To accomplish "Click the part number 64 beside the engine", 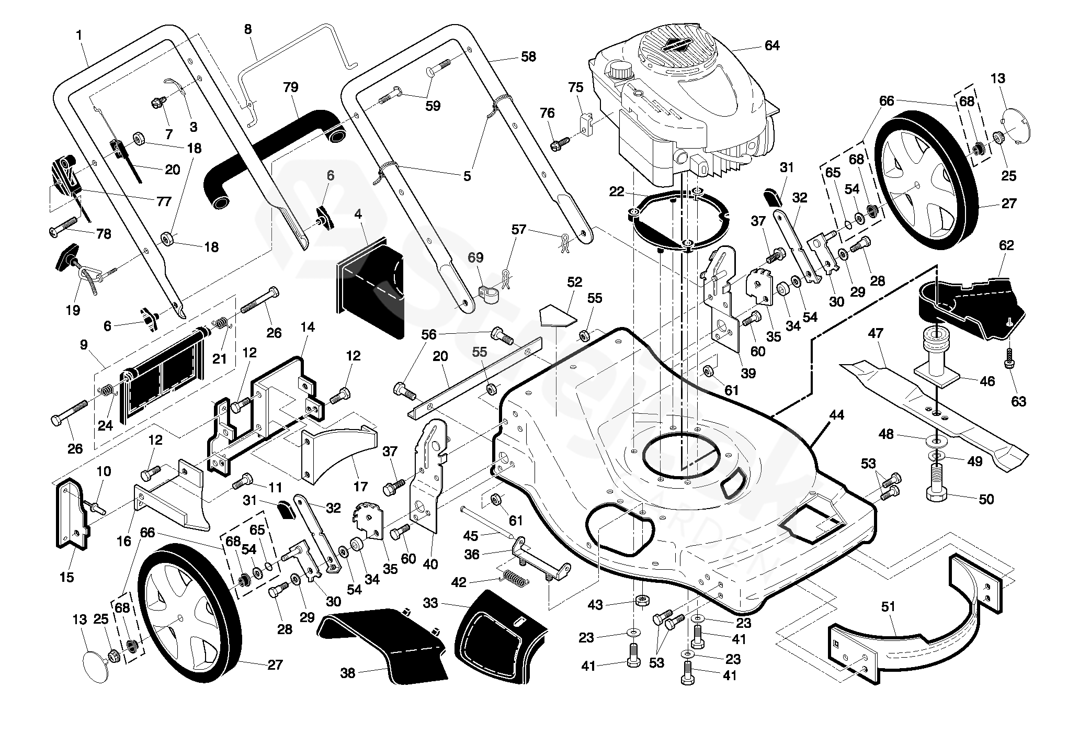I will point(771,46).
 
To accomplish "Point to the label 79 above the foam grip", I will point(291,87).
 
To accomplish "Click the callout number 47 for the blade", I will point(876,333).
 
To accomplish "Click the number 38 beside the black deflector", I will point(347,673).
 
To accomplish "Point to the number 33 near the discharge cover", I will point(430,603).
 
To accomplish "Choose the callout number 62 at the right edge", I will point(1006,245).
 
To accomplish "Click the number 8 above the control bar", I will point(247,29).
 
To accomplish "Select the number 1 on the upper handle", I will point(79,35).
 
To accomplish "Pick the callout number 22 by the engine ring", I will point(617,192).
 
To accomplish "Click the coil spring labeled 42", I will point(517,579).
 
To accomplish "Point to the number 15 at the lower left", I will point(67,578).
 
